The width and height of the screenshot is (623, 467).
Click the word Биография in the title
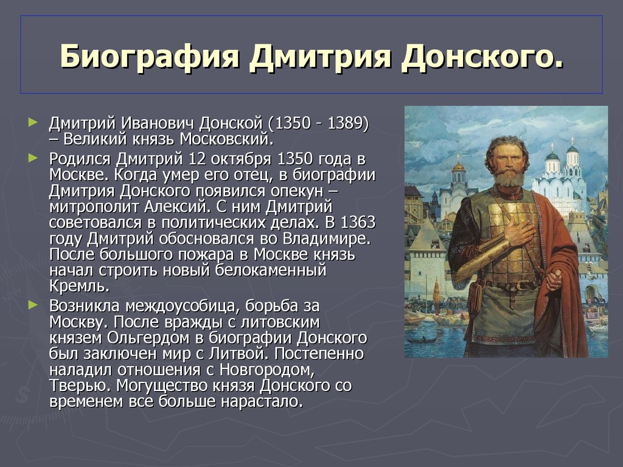click(x=150, y=57)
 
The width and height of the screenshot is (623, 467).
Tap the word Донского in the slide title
click(x=482, y=57)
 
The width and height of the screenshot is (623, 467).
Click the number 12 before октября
click(x=197, y=159)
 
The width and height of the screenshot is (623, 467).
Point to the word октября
click(x=242, y=159)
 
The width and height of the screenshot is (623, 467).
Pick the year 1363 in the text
click(x=358, y=223)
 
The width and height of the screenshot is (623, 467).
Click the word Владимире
click(x=327, y=238)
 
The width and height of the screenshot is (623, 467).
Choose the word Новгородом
click(x=267, y=370)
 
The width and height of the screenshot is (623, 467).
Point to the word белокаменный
click(x=271, y=271)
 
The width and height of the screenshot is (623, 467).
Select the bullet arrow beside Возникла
click(x=33, y=305)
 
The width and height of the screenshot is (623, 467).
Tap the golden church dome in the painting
click(x=459, y=166)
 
